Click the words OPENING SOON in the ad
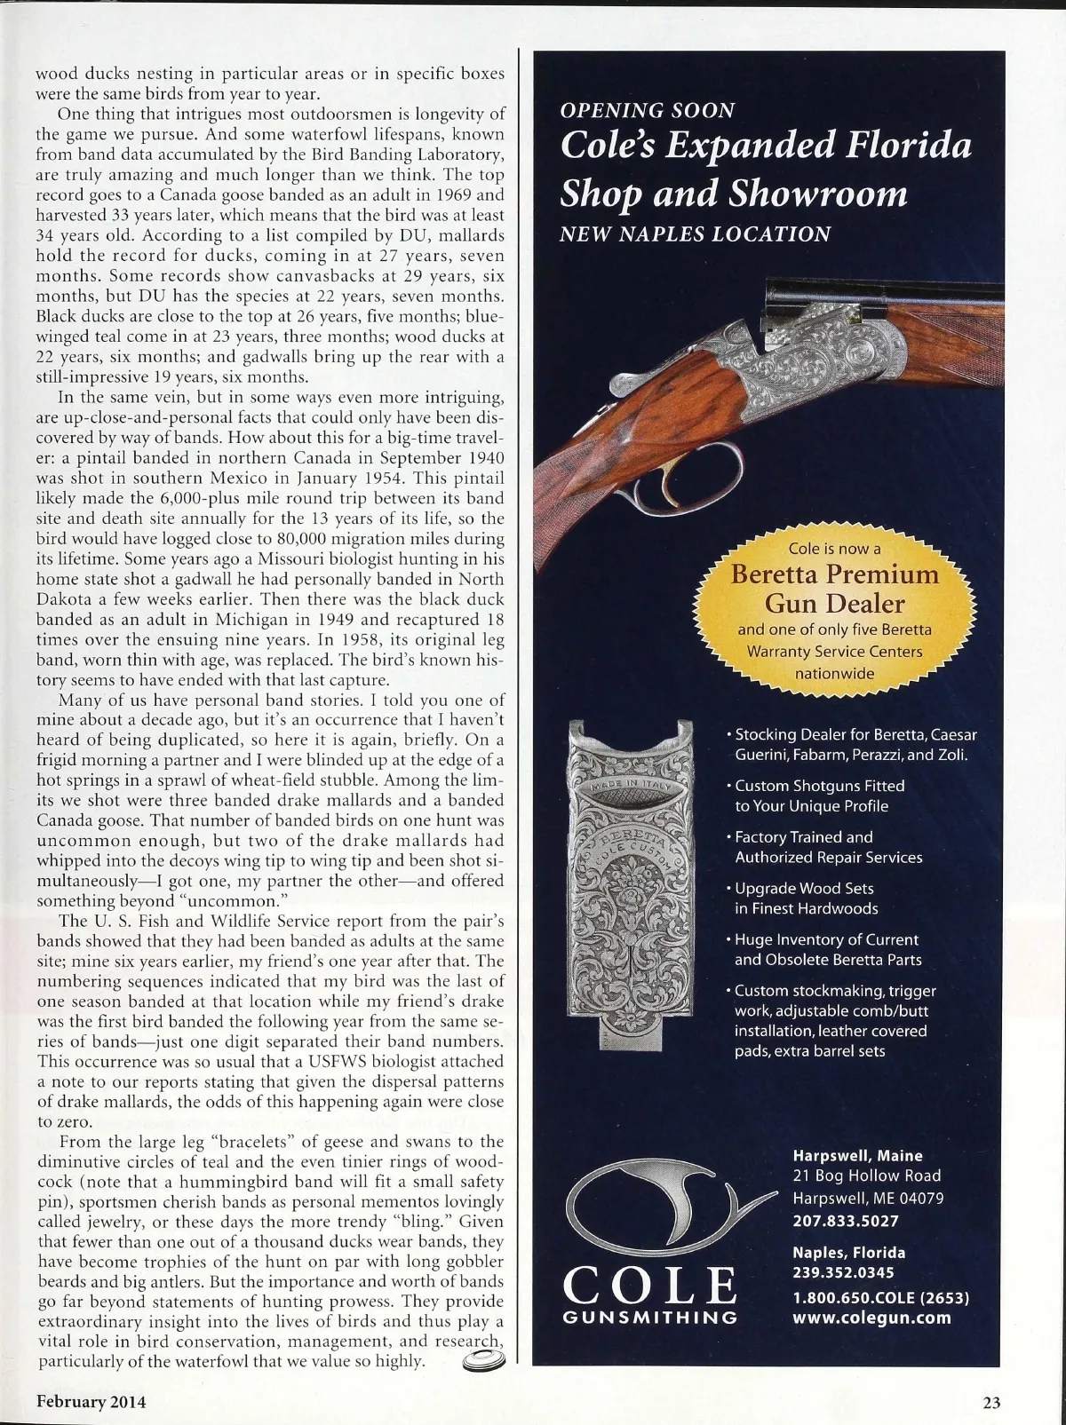tap(648, 111)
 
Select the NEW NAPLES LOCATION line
tap(695, 234)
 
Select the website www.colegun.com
tap(871, 1318)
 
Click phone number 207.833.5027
tap(846, 1221)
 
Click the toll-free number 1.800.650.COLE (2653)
tap(879, 1297)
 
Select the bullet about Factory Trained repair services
tap(828, 847)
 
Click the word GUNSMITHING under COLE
tap(651, 1318)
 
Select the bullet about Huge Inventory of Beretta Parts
tap(827, 949)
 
